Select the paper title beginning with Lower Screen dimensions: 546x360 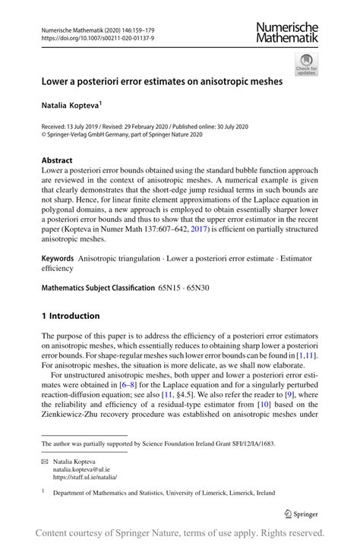pyautogui.click(x=162, y=80)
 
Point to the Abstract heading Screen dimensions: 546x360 pyautogui.click(x=57, y=161)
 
